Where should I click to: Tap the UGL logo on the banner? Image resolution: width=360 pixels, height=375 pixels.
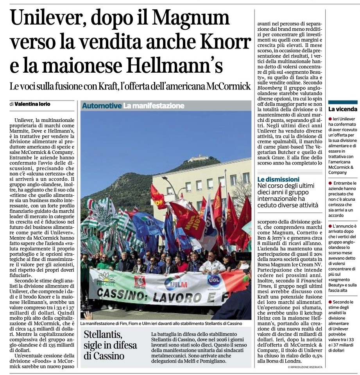[x=213, y=280]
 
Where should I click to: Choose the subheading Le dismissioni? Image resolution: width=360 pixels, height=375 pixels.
[x=278, y=179]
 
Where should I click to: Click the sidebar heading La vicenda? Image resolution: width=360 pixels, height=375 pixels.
[x=342, y=109]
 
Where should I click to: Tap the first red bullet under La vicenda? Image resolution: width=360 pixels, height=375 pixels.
[x=330, y=118]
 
